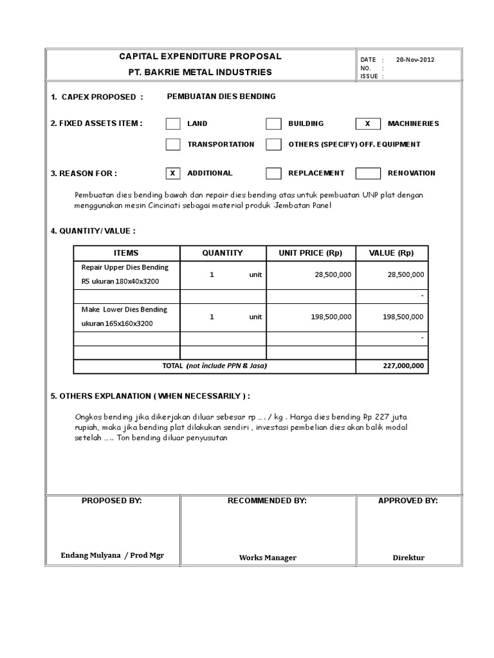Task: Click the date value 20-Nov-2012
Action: pos(415,60)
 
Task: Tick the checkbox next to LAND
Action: pos(173,123)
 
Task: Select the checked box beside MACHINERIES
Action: pos(368,123)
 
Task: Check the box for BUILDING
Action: pos(273,123)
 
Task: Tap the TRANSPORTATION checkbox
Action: pos(173,145)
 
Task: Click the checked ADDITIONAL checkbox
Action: pos(173,173)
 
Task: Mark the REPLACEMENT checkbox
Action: pos(273,173)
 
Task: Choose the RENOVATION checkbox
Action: pos(368,173)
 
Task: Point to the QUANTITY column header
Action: pos(223,253)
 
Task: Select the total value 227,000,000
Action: pos(403,366)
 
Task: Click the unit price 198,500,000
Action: pos(331,317)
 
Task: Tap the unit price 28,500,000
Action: pos(333,274)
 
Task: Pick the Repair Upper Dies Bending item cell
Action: pos(126,274)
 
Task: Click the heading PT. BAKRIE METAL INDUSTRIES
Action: pos(201,73)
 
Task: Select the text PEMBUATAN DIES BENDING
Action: pos(221,96)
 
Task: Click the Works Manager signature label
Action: pos(268,558)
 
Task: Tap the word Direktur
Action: pos(408,558)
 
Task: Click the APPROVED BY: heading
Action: pos(408,501)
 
